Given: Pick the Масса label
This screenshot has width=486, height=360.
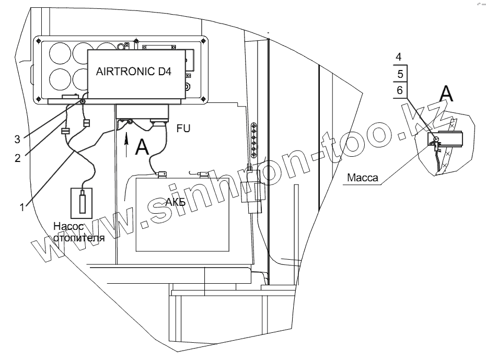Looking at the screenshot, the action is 362,178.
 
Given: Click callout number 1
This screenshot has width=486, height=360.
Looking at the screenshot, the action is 21,207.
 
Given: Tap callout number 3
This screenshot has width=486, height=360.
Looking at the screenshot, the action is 17,138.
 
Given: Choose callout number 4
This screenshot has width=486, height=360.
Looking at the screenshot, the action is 399,56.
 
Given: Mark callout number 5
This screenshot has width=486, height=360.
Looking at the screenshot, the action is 399,73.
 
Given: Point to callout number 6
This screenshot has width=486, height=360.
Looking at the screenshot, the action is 399,90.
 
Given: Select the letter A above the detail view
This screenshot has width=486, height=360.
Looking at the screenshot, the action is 447,94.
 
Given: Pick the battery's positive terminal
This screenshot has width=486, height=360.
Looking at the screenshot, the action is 161,173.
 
